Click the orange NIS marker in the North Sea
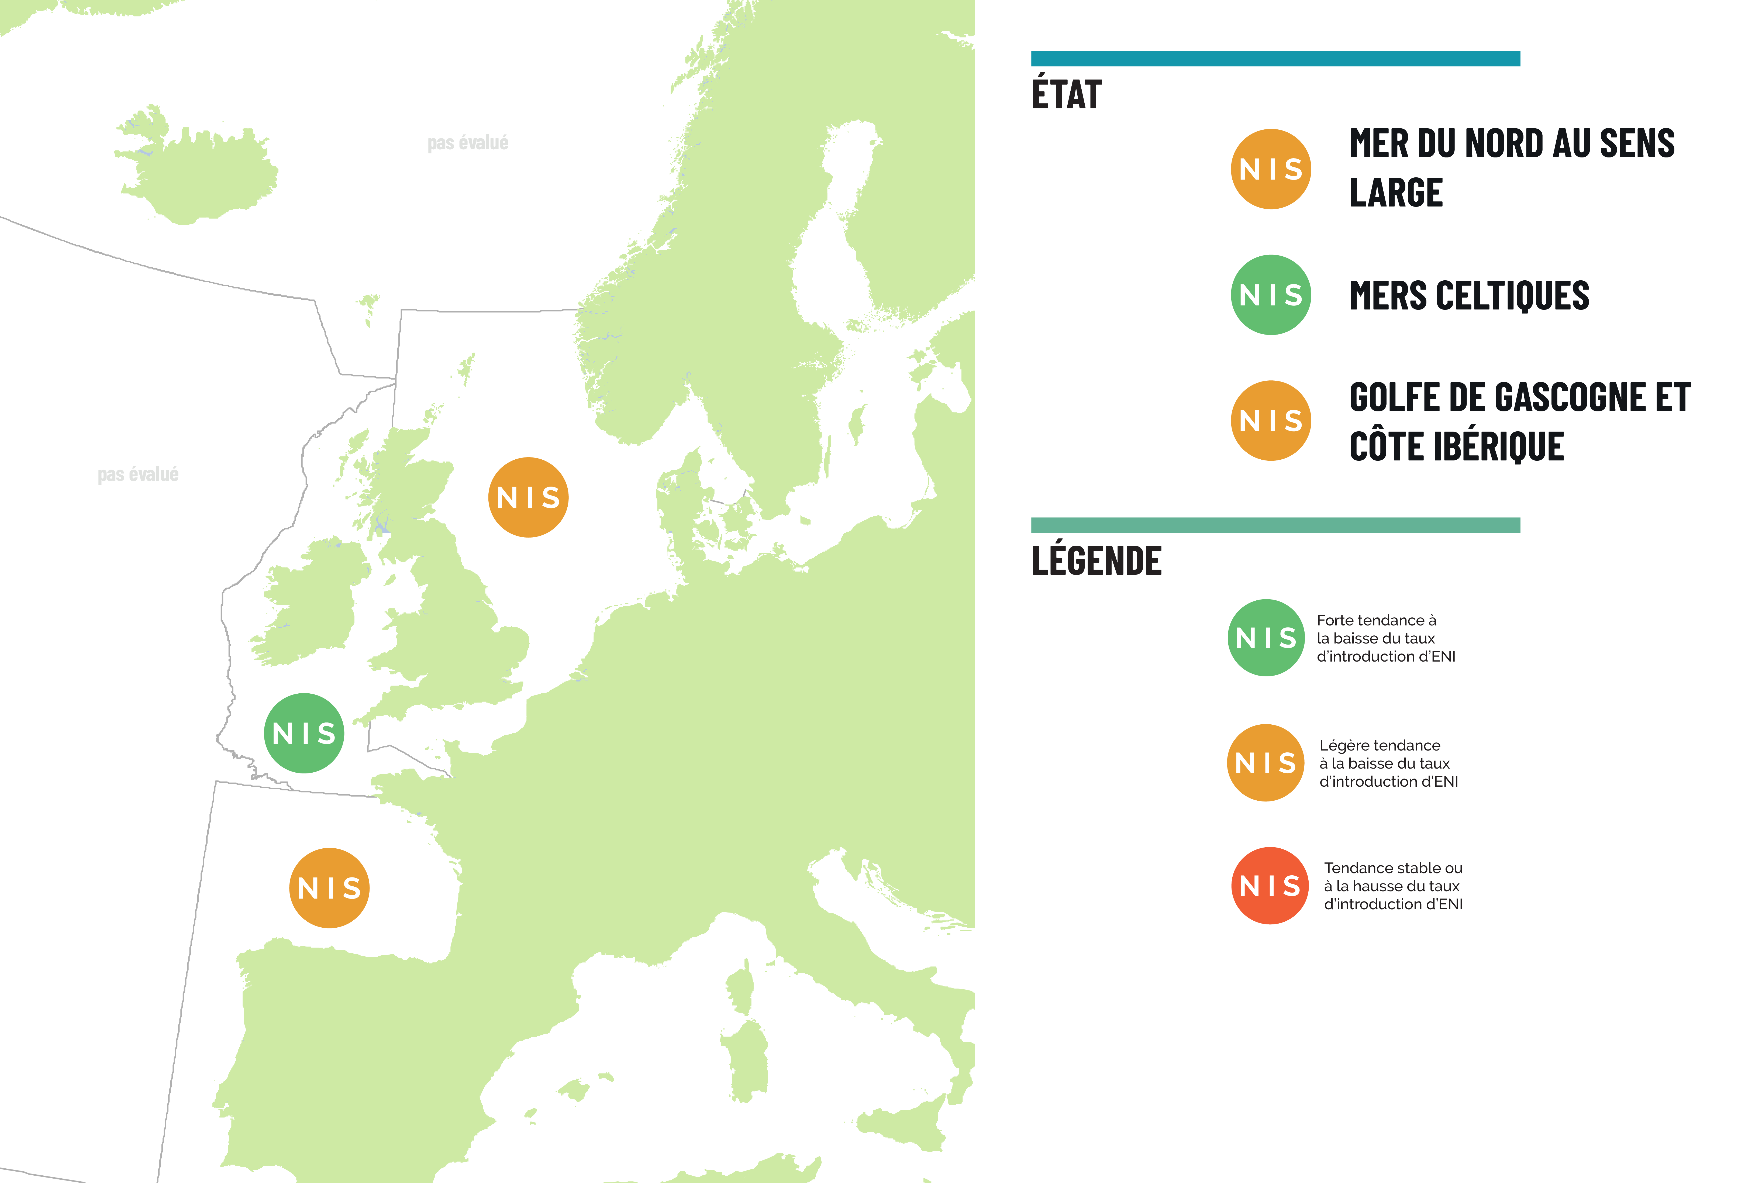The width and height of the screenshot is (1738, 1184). [x=528, y=497]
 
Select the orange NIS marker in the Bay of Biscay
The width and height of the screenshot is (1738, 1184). [x=329, y=888]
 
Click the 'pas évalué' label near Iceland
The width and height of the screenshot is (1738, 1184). [x=467, y=143]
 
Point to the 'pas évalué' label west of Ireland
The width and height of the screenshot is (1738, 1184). [x=138, y=474]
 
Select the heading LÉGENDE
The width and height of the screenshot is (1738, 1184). [x=1096, y=561]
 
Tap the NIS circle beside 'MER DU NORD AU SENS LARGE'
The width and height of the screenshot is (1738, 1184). [x=1271, y=169]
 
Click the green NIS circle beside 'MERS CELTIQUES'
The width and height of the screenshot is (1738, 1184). [x=1271, y=295]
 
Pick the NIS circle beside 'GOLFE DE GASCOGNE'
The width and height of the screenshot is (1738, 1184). [x=1271, y=420]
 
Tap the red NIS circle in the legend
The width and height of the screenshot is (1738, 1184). [x=1269, y=886]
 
